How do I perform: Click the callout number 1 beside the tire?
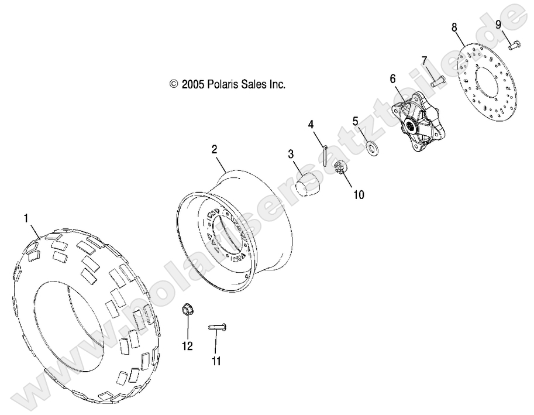coord(26,218)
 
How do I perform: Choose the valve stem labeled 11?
coord(218,327)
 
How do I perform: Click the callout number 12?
coord(187,346)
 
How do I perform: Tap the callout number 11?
coord(216,361)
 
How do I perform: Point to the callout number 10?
coord(358,195)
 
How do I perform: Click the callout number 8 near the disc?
coord(454,27)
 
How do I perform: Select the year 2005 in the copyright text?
coord(192,84)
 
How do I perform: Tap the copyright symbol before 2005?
coord(173,84)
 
